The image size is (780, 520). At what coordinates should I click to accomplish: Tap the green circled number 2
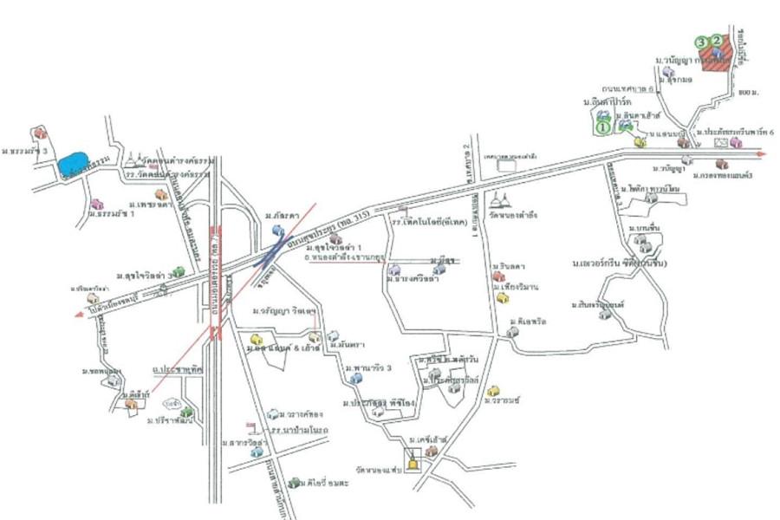tap(716, 40)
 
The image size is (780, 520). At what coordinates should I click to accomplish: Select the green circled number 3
tap(700, 40)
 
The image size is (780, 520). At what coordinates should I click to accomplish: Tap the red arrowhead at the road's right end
tap(762, 154)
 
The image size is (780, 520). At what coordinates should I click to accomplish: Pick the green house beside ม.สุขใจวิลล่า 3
tap(179, 272)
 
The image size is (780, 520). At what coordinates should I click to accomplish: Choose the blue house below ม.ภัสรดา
tap(278, 230)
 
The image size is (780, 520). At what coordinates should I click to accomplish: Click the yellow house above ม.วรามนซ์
tap(492, 391)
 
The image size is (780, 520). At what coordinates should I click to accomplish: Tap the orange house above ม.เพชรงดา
tap(159, 194)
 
